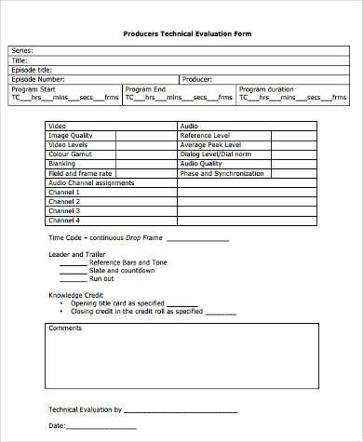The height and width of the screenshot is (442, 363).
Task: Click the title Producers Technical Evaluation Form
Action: coord(187,33)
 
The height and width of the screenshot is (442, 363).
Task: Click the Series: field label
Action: coord(21,51)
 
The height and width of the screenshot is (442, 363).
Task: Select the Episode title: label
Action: coord(31,70)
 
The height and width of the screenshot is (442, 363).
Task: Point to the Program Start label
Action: coord(33,88)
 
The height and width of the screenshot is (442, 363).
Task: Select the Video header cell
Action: coord(58,125)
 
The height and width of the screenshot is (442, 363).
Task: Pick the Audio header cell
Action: coord(189,125)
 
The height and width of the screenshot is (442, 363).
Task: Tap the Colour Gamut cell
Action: coord(68,154)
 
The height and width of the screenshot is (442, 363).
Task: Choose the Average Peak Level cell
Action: coord(212,144)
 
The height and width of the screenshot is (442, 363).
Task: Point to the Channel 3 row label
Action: coord(64,211)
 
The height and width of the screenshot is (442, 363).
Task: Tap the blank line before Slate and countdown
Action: coord(73,270)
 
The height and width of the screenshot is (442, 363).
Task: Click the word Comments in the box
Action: coord(65,328)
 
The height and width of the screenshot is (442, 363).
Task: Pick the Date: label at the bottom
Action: coord(57,425)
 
